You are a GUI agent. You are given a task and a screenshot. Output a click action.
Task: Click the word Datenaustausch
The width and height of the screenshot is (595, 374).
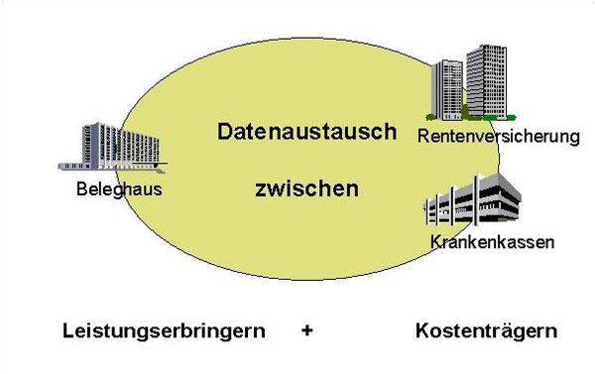(307, 132)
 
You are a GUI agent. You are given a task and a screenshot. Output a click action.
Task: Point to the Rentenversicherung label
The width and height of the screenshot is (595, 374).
(497, 135)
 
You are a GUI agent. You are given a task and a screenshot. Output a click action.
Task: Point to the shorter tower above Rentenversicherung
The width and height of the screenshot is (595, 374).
(448, 89)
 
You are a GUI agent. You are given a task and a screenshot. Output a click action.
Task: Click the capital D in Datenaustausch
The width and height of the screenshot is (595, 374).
(226, 132)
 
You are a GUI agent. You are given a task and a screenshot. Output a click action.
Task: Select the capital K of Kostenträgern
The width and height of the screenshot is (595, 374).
(421, 331)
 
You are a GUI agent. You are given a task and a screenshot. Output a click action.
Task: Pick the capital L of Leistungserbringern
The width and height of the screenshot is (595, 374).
(66, 331)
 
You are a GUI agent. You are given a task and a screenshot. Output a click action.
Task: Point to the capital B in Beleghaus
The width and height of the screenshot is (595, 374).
(80, 190)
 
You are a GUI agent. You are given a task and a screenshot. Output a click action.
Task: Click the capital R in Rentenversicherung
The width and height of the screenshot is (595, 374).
(423, 135)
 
